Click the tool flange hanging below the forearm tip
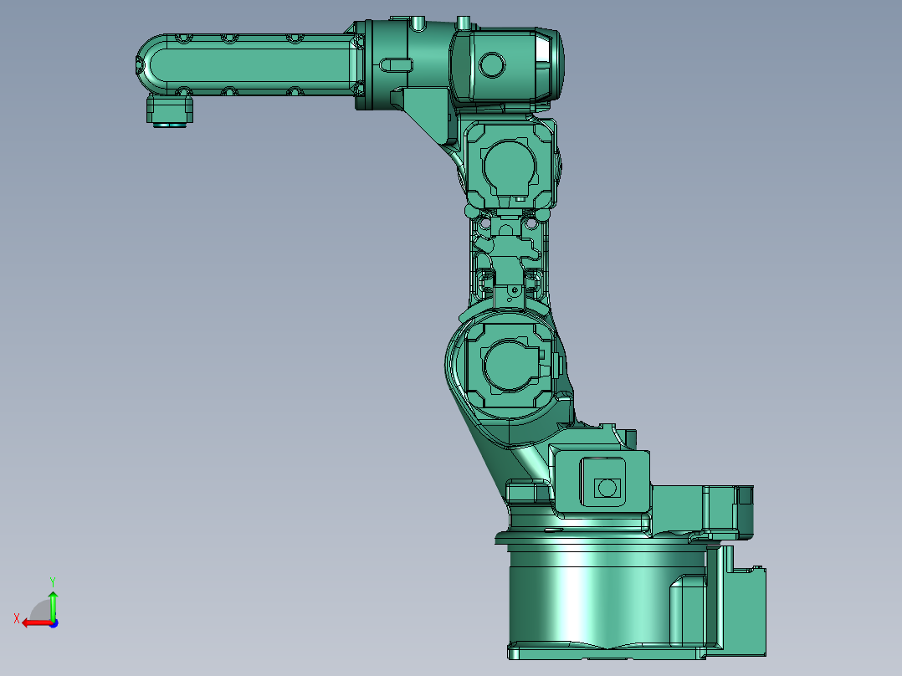(170, 110)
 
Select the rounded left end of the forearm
(151, 64)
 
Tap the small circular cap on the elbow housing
(491, 64)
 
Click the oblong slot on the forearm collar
(397, 63)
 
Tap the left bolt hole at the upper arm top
(484, 224)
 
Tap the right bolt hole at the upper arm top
(530, 224)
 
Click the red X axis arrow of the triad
(33, 622)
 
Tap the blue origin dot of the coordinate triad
(53, 622)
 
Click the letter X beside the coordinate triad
(16, 618)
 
